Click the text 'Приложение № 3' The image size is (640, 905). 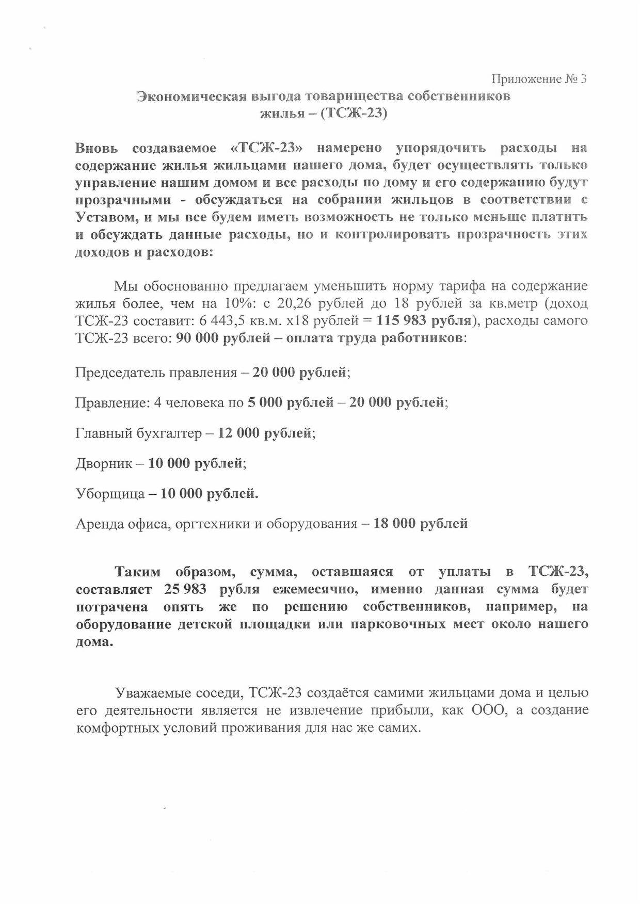click(539, 79)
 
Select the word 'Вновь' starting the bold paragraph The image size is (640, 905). click(97, 148)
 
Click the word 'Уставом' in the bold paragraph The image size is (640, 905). click(106, 217)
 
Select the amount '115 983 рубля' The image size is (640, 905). click(423, 320)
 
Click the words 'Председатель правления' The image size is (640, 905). click(156, 373)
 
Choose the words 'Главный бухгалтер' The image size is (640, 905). click(138, 433)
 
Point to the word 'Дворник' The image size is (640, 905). click(104, 464)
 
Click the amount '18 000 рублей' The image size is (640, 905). click(420, 524)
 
